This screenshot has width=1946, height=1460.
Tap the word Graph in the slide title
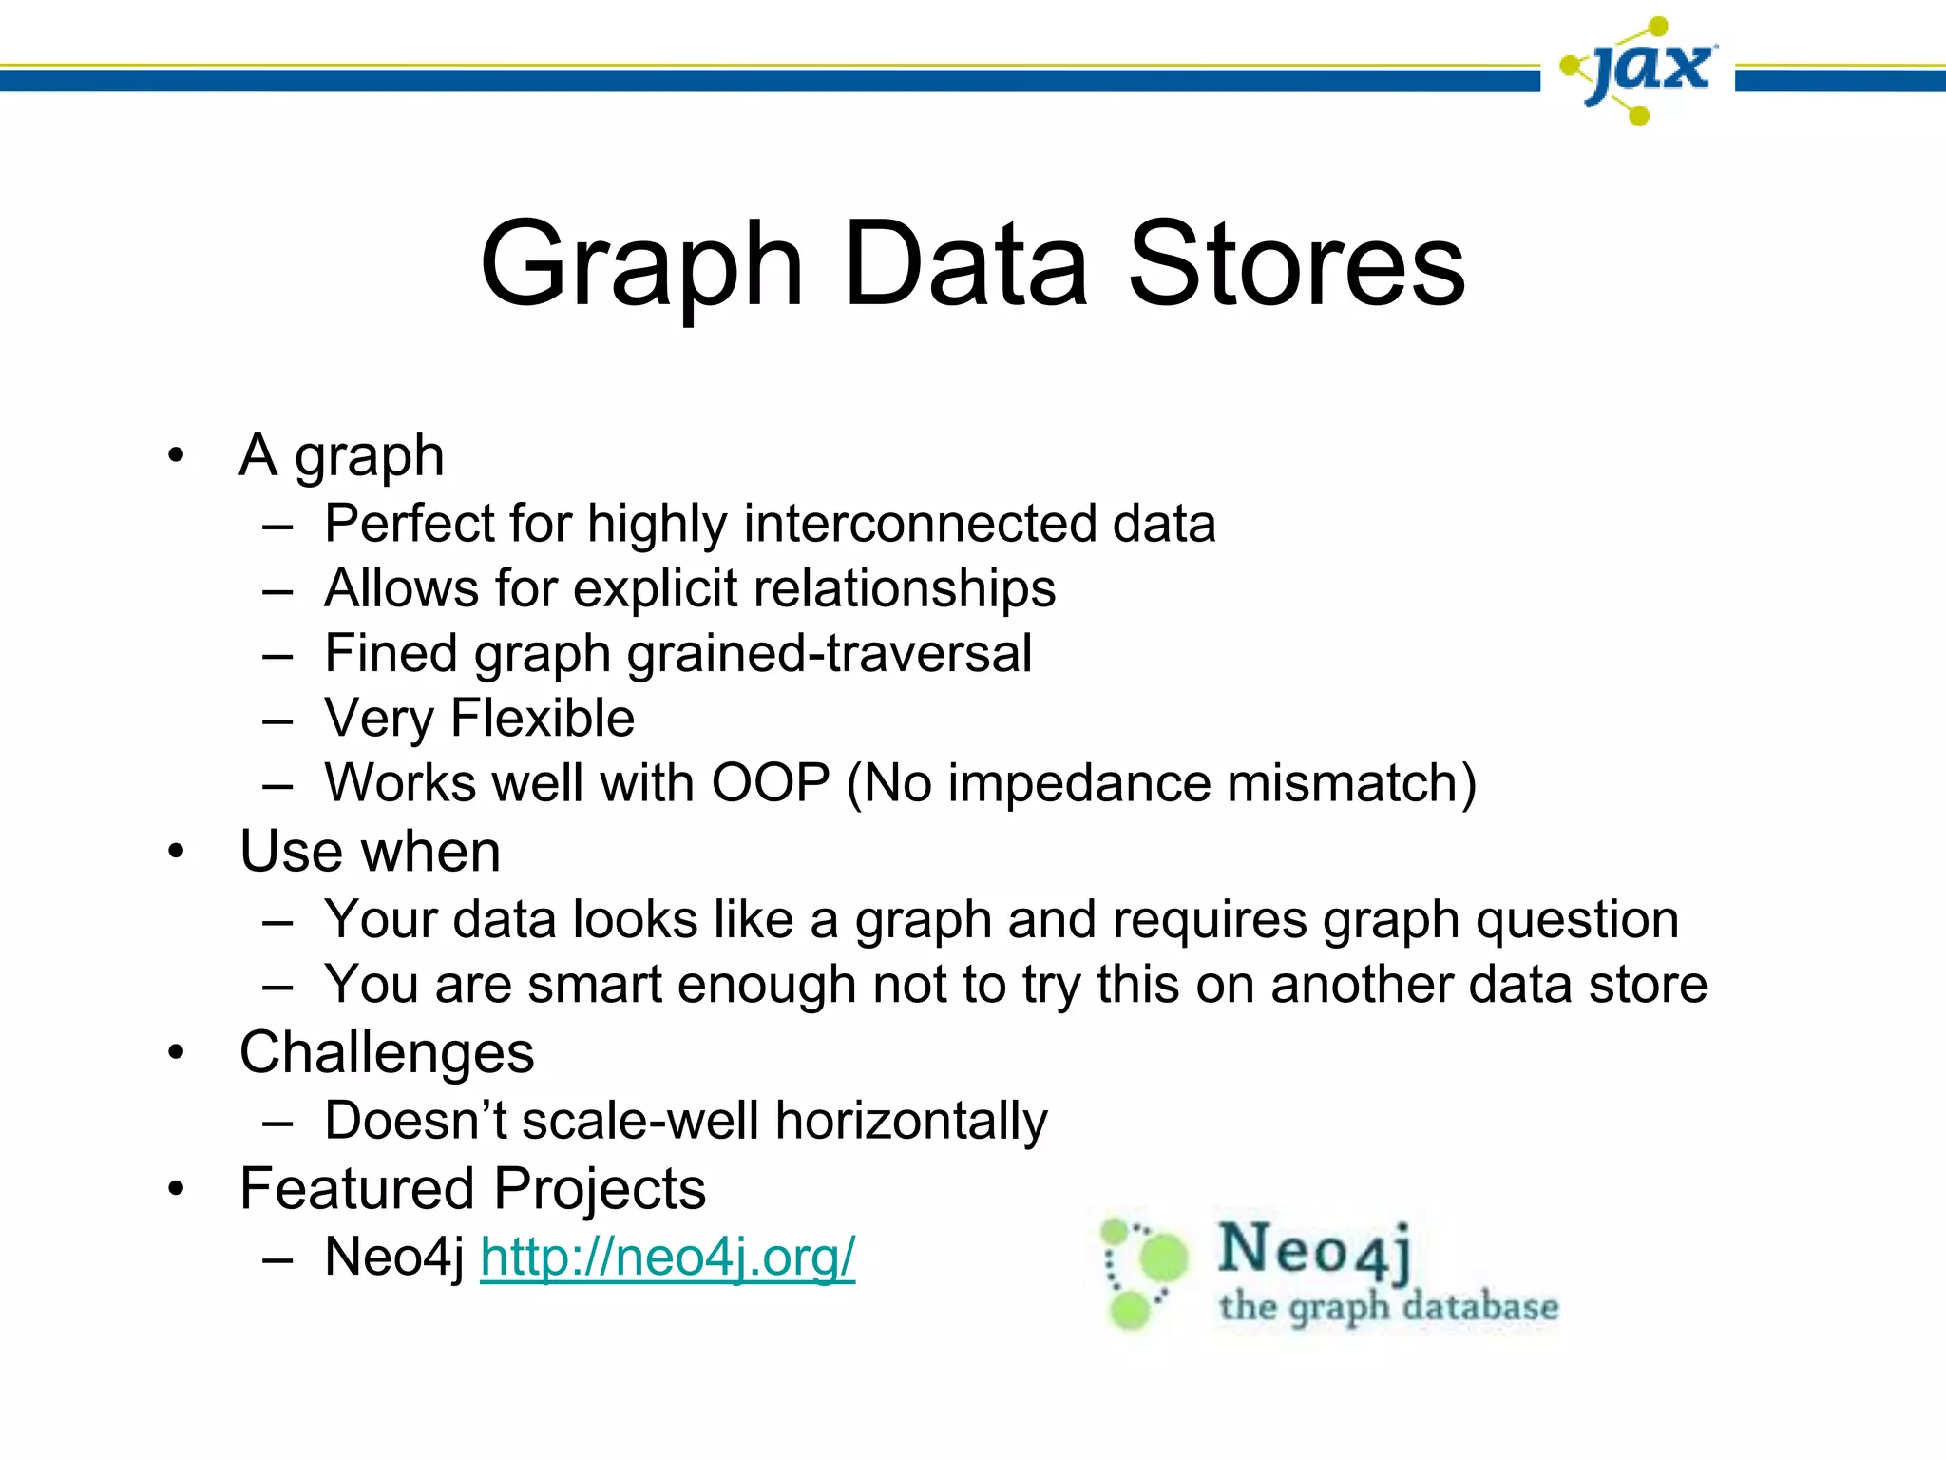642,266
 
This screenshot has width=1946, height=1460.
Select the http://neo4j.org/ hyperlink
667,1257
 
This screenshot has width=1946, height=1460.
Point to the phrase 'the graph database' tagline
1388,1307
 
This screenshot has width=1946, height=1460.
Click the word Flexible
542,719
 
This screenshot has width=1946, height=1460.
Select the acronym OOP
771,783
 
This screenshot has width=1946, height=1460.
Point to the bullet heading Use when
370,851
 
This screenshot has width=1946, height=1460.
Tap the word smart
594,985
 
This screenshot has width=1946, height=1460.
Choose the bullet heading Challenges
387,1053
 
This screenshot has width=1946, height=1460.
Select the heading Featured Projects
472,1189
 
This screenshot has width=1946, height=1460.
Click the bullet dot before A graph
176,456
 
